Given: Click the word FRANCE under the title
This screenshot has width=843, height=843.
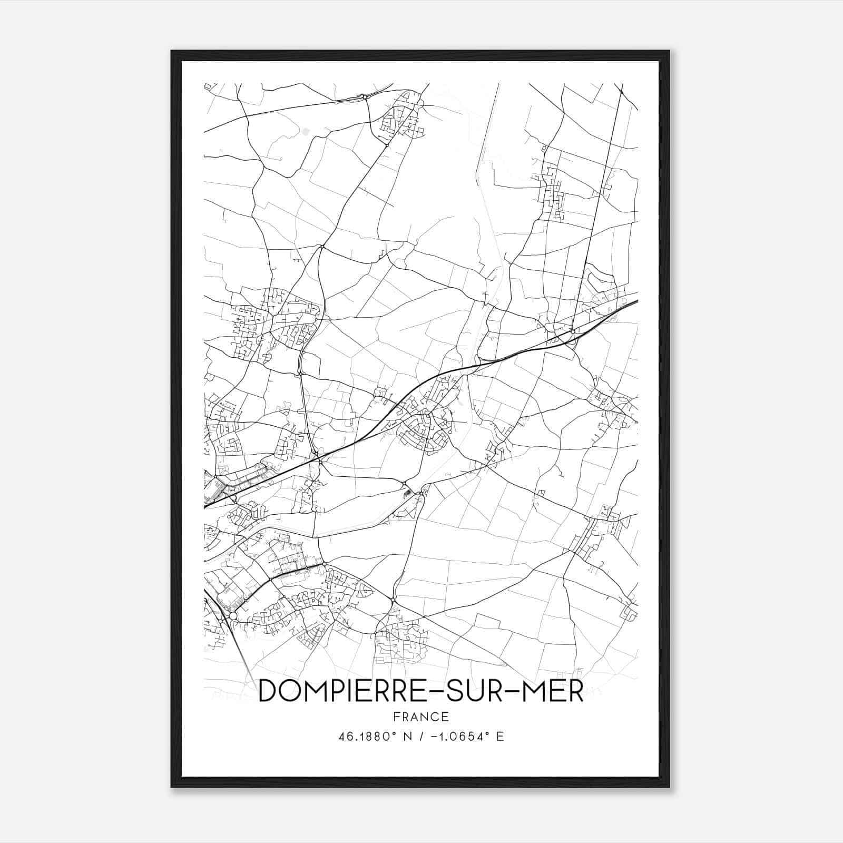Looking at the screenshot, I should pyautogui.click(x=421, y=717).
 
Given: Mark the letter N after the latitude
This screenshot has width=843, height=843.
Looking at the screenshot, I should pyautogui.click(x=407, y=737).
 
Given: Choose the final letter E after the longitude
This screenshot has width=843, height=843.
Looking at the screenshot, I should pyautogui.click(x=501, y=737).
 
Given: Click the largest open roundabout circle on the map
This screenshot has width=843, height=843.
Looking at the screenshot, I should pyautogui.click(x=233, y=616).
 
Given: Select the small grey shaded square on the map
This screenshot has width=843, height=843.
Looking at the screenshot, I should pyautogui.click(x=306, y=130).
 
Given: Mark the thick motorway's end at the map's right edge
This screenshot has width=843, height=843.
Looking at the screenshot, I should pyautogui.click(x=636, y=301).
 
